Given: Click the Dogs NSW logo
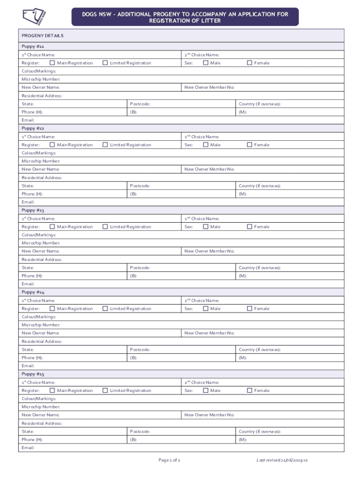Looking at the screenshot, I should click(36, 17).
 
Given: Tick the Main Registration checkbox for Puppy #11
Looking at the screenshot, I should click(52, 63).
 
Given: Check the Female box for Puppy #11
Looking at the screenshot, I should click(250, 63).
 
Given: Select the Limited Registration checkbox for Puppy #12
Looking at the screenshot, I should click(105, 145).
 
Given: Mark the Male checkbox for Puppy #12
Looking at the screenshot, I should click(206, 145).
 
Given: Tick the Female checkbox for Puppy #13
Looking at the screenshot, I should click(250, 226).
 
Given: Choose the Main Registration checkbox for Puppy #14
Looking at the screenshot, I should click(52, 308).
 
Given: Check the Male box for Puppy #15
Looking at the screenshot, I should click(206, 390).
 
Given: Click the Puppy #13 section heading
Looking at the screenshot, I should click(33, 210).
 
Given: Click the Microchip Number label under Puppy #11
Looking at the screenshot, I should click(41, 79).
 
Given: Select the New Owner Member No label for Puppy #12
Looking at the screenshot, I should click(209, 169).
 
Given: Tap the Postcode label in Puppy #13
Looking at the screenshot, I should click(140, 268).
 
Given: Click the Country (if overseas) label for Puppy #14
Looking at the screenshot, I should click(259, 349).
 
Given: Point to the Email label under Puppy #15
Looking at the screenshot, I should click(28, 448).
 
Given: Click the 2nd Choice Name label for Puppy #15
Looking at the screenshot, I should click(202, 382).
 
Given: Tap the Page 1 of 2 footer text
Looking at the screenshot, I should click(169, 460).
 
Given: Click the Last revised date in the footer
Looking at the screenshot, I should click(281, 460).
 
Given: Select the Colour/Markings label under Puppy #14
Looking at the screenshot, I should click(39, 317).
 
